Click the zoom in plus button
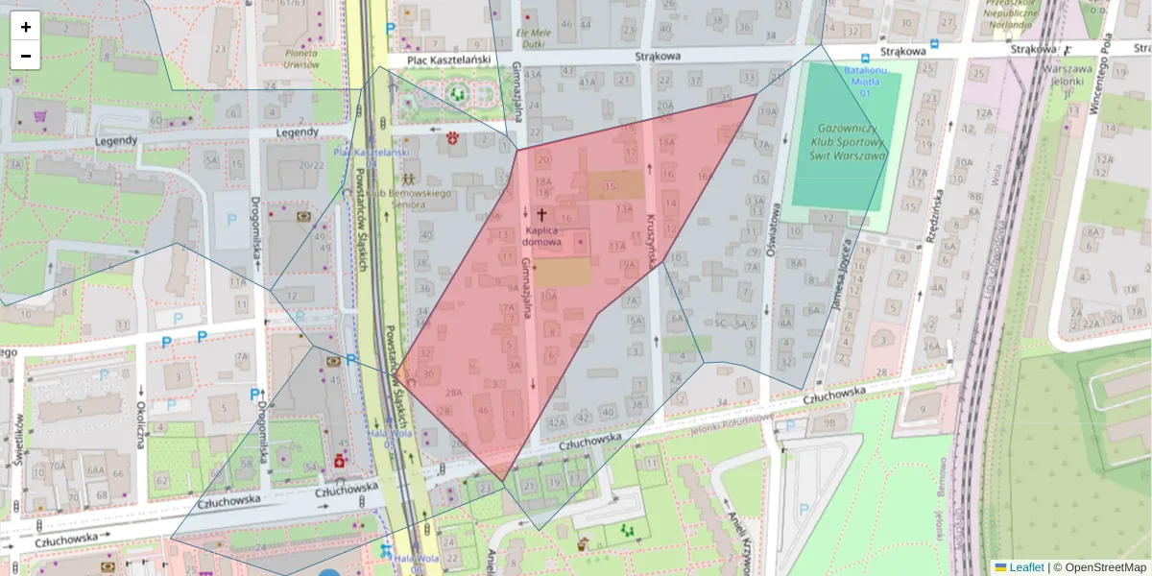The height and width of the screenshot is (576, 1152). click(26, 27)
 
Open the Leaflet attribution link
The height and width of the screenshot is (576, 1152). click(1025, 567)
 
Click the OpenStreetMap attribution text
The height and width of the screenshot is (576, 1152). click(1099, 567)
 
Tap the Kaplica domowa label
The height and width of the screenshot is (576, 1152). click(541, 236)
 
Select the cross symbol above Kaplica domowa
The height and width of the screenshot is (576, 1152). click(541, 215)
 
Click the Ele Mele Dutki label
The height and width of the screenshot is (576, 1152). click(531, 37)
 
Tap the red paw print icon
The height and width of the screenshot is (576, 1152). click(452, 140)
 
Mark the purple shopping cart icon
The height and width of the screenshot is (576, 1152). click(40, 116)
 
